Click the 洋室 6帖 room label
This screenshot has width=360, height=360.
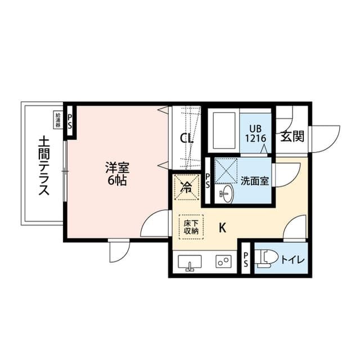(x=118, y=174)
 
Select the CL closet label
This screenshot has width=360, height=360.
(x=187, y=138)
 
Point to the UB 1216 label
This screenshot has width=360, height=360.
(x=256, y=134)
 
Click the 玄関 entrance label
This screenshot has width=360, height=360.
(x=292, y=136)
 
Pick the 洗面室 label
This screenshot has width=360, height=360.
(x=255, y=181)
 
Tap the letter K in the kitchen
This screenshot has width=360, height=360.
(x=223, y=228)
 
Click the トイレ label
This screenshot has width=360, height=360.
(x=292, y=260)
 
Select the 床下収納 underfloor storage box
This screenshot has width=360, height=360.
(x=191, y=227)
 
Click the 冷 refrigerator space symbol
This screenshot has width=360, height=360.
(x=186, y=187)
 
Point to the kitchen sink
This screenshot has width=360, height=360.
(x=190, y=262)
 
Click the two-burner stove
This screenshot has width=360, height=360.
(x=222, y=262)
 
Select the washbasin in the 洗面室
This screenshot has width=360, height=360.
(x=226, y=194)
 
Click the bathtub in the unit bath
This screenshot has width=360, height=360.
(x=224, y=130)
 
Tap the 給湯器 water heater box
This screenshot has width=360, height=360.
(x=58, y=120)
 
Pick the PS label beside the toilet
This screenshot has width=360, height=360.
(x=246, y=259)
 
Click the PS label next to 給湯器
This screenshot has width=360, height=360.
(x=70, y=121)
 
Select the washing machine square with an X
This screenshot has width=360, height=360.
(x=226, y=170)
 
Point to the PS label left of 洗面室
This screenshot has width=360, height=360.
(x=208, y=181)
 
